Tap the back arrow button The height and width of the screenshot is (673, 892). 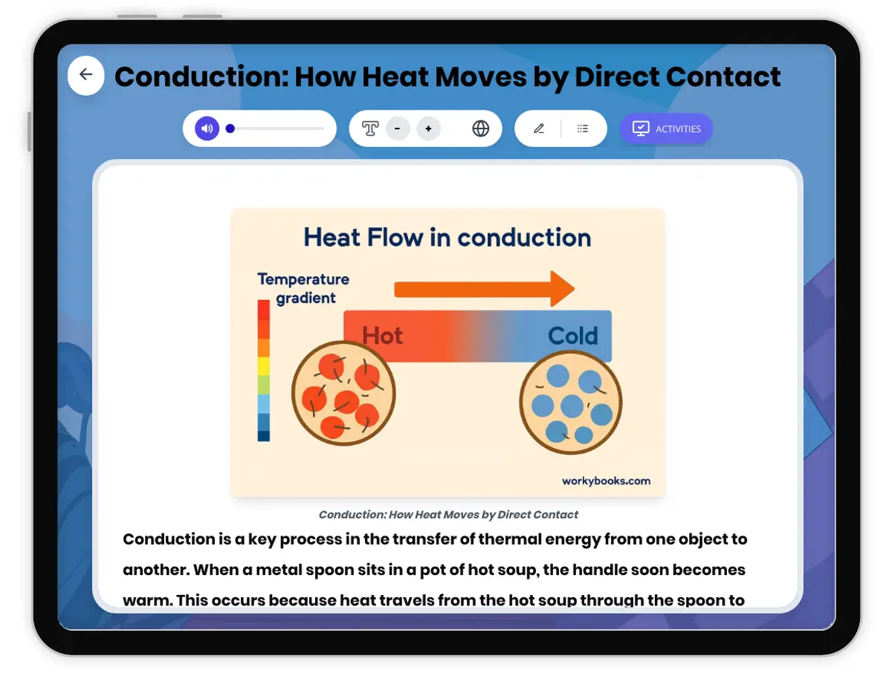point(86,75)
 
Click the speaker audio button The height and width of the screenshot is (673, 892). point(207,129)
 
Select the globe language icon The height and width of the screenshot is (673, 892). point(481,129)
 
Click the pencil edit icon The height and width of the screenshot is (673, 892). point(539,129)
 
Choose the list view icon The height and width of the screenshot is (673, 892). point(583,129)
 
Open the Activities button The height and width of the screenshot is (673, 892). point(666,129)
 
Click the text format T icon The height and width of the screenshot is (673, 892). point(370,129)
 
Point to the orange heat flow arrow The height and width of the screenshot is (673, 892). point(484,289)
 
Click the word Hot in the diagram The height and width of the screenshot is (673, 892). point(382,336)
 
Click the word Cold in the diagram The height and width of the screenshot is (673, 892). point(572,336)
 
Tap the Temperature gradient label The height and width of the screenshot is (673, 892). point(303,288)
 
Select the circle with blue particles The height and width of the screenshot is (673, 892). point(570,403)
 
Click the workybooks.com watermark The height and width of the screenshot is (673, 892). point(606,481)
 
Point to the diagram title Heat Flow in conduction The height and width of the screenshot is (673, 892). point(447,238)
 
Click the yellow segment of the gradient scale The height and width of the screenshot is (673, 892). point(264,365)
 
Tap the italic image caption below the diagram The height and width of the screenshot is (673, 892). point(448,515)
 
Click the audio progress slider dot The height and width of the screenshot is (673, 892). point(230,129)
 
